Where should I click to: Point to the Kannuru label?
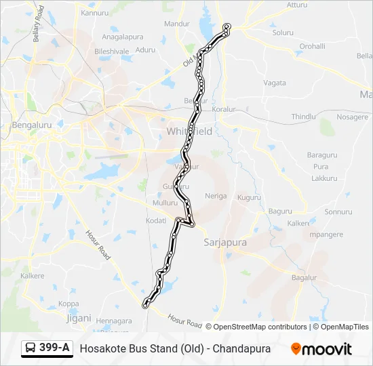click(94, 13)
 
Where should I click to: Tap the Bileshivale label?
click(111, 51)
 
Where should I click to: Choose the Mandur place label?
click(177, 24)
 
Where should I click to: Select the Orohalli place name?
click(313, 46)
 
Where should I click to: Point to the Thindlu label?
click(304, 117)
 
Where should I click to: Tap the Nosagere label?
click(352, 117)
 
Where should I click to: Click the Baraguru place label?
click(321, 155)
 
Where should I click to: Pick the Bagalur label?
click(304, 278)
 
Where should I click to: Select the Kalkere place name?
click(33, 276)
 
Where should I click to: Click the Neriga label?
click(216, 196)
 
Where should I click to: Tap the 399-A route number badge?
click(47, 348)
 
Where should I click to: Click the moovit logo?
click(321, 348)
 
